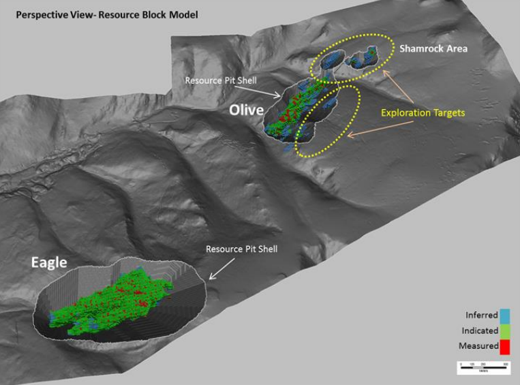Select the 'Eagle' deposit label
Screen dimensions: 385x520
[x=48, y=262]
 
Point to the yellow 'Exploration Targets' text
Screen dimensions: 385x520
[x=423, y=112]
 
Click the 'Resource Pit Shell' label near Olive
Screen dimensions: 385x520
[x=221, y=80]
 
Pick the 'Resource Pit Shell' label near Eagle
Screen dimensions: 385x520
[x=242, y=249]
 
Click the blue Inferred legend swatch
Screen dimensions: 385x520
[x=505, y=315]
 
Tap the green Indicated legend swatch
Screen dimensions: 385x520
[x=505, y=330]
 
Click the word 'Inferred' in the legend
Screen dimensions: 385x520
[x=481, y=315]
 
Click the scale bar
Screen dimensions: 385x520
[x=483, y=367]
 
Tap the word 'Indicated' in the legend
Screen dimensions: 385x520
[x=480, y=330]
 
